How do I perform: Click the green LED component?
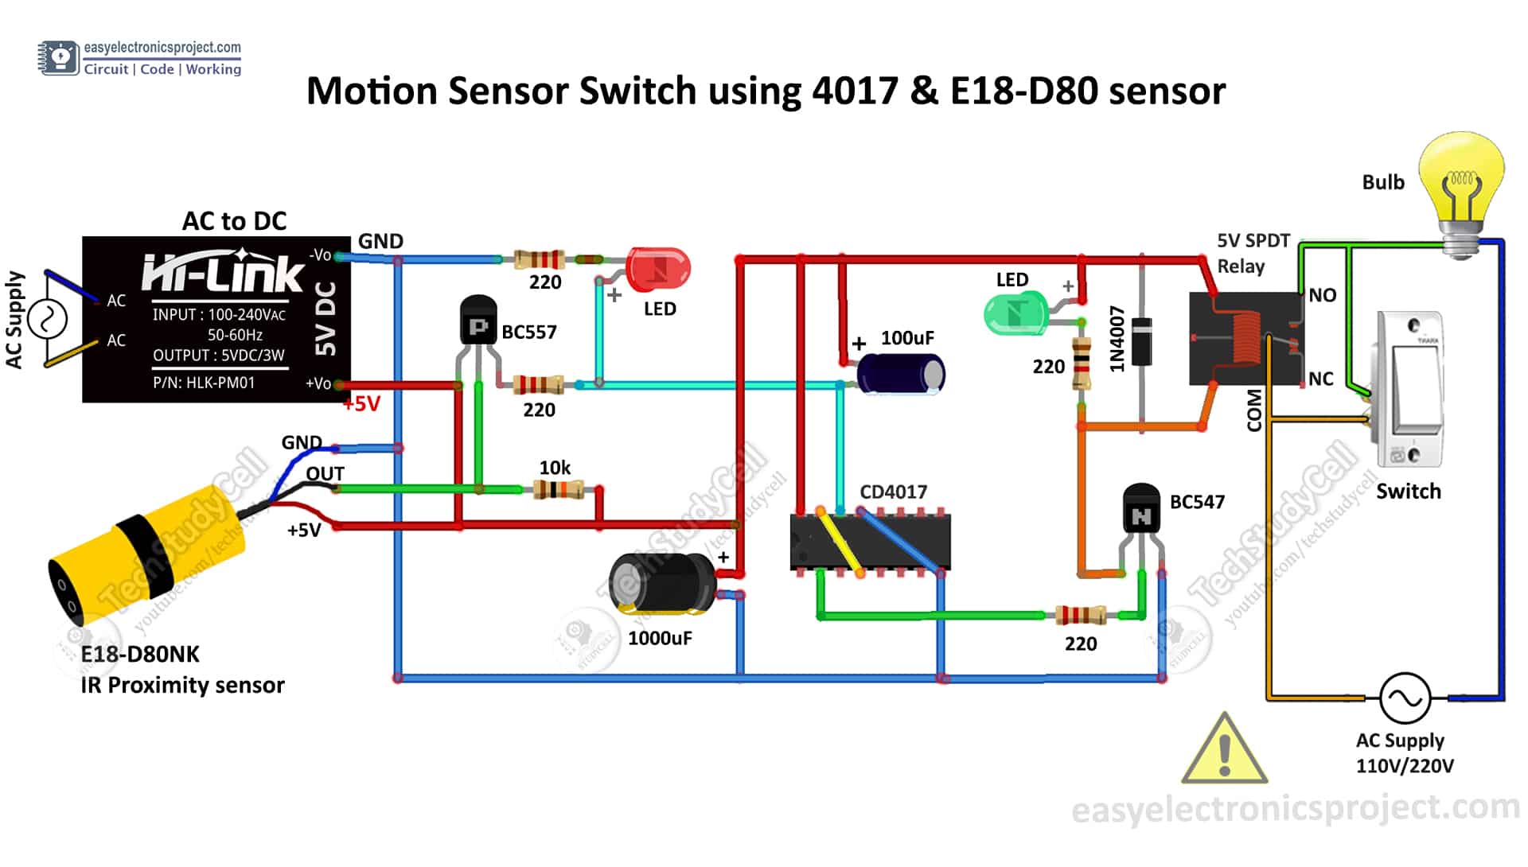[1014, 313]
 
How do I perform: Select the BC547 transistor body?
[1140, 510]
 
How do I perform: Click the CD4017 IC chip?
[870, 542]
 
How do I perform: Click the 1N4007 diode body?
[1142, 341]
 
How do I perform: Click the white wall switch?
[1410, 390]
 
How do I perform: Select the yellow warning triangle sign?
[1224, 751]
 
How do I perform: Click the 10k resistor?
[558, 489]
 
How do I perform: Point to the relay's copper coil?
[1247, 337]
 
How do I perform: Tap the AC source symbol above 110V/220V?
[1405, 698]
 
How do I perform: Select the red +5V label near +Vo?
[362, 404]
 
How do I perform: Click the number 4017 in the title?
[855, 91]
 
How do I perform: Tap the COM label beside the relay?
[1254, 410]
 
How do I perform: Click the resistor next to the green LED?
[1081, 364]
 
